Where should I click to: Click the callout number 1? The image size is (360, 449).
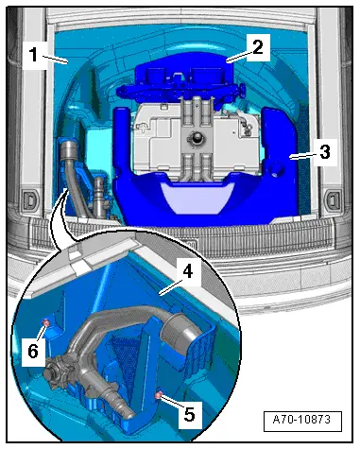pyautogui.click(x=32, y=55)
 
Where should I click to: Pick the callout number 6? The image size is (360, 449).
pyautogui.click(x=32, y=351)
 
